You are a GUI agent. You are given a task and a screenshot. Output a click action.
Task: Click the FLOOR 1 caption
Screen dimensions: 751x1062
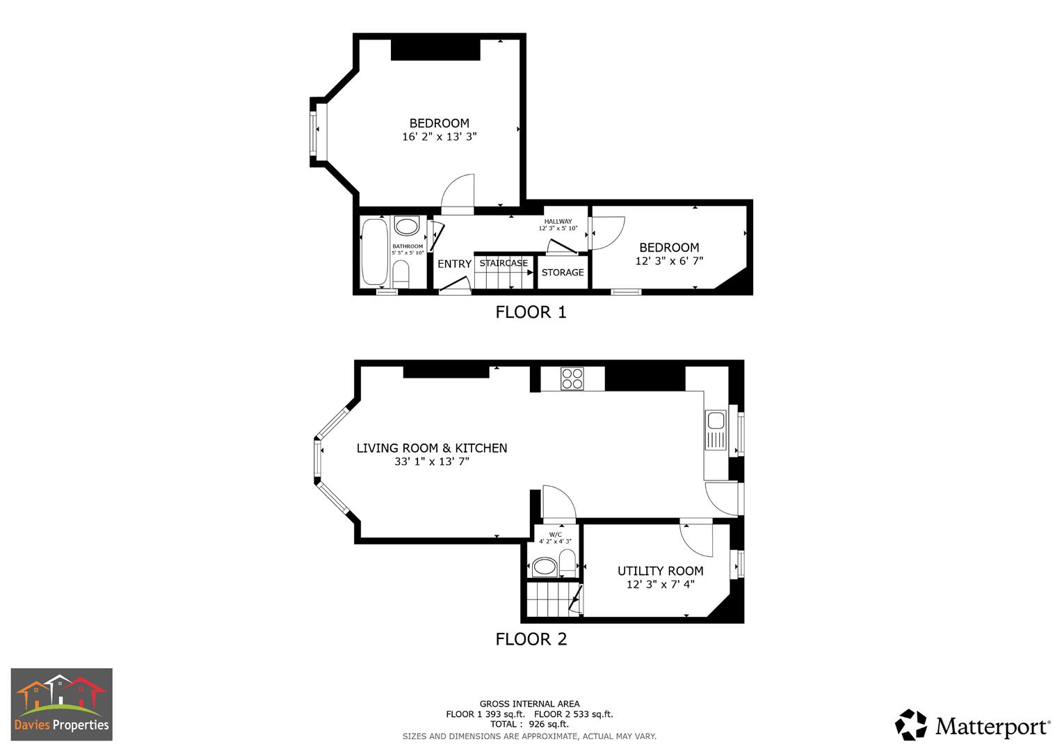(531, 312)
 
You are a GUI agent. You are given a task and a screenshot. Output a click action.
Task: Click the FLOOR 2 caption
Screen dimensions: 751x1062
(531, 639)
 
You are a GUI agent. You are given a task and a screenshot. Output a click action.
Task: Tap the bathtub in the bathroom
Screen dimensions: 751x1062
(374, 252)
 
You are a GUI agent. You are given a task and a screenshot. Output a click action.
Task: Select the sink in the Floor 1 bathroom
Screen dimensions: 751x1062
(406, 227)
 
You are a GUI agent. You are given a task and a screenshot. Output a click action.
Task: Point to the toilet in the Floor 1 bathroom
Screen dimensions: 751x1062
(401, 273)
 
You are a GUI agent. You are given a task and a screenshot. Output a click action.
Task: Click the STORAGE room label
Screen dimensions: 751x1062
(563, 273)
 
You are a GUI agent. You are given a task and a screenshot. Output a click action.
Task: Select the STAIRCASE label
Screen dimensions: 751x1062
(504, 264)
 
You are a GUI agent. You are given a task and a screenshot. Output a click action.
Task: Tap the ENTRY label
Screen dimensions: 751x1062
(454, 264)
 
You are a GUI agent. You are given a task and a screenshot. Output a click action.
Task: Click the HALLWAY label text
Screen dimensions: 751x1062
(558, 221)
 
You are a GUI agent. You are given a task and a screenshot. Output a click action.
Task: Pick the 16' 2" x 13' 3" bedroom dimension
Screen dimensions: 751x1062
(439, 137)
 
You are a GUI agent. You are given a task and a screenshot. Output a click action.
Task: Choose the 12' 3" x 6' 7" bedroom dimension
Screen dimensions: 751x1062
(669, 261)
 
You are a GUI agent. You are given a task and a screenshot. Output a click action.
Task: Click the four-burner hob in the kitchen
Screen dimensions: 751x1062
(572, 378)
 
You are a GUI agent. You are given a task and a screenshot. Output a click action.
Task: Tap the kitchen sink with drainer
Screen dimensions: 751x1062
(715, 430)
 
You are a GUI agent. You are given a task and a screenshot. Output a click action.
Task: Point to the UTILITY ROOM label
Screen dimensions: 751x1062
(660, 571)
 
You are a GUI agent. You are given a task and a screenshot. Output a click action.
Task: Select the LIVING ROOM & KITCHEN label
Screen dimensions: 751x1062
(432, 449)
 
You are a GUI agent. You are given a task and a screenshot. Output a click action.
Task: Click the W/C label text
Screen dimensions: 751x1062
(555, 534)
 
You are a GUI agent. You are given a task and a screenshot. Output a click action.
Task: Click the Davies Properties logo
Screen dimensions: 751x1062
(61, 704)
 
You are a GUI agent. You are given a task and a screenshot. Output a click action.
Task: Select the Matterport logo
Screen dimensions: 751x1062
(972, 725)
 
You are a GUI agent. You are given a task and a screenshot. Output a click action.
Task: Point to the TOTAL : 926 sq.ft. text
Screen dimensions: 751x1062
(529, 724)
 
